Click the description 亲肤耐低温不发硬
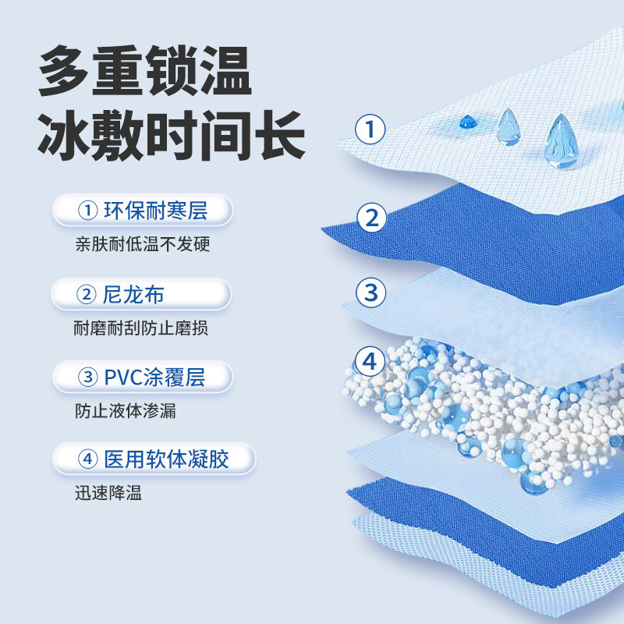143,244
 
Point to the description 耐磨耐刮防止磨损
141,328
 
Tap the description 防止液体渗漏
126,411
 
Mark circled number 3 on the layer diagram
371,292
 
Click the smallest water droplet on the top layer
468,122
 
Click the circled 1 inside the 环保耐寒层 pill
87,211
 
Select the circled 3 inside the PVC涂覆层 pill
87,378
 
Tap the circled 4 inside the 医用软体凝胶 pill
87,459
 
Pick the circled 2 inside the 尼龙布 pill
87,294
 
